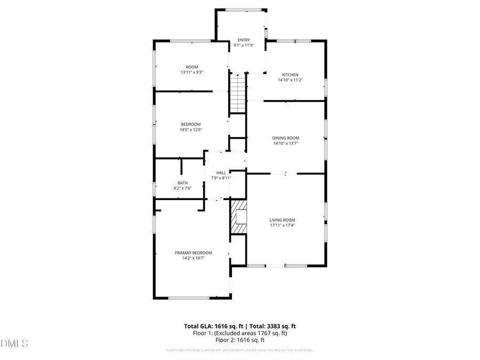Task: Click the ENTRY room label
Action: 243,40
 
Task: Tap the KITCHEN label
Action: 290,75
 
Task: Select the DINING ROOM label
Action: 286,138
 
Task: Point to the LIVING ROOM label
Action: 282,220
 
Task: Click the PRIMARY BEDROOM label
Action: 193,253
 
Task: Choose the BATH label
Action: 182,183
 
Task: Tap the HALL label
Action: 221,173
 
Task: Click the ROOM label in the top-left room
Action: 191,67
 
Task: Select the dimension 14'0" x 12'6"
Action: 190,130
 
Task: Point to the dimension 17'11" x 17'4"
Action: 282,225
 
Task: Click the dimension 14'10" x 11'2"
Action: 290,80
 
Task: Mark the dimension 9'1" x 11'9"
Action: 243,45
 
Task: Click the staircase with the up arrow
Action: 237,93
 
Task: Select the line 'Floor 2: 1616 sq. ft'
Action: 239,340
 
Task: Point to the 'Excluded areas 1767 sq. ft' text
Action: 255,333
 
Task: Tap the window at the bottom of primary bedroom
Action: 188,298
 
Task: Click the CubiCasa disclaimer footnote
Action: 239,350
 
